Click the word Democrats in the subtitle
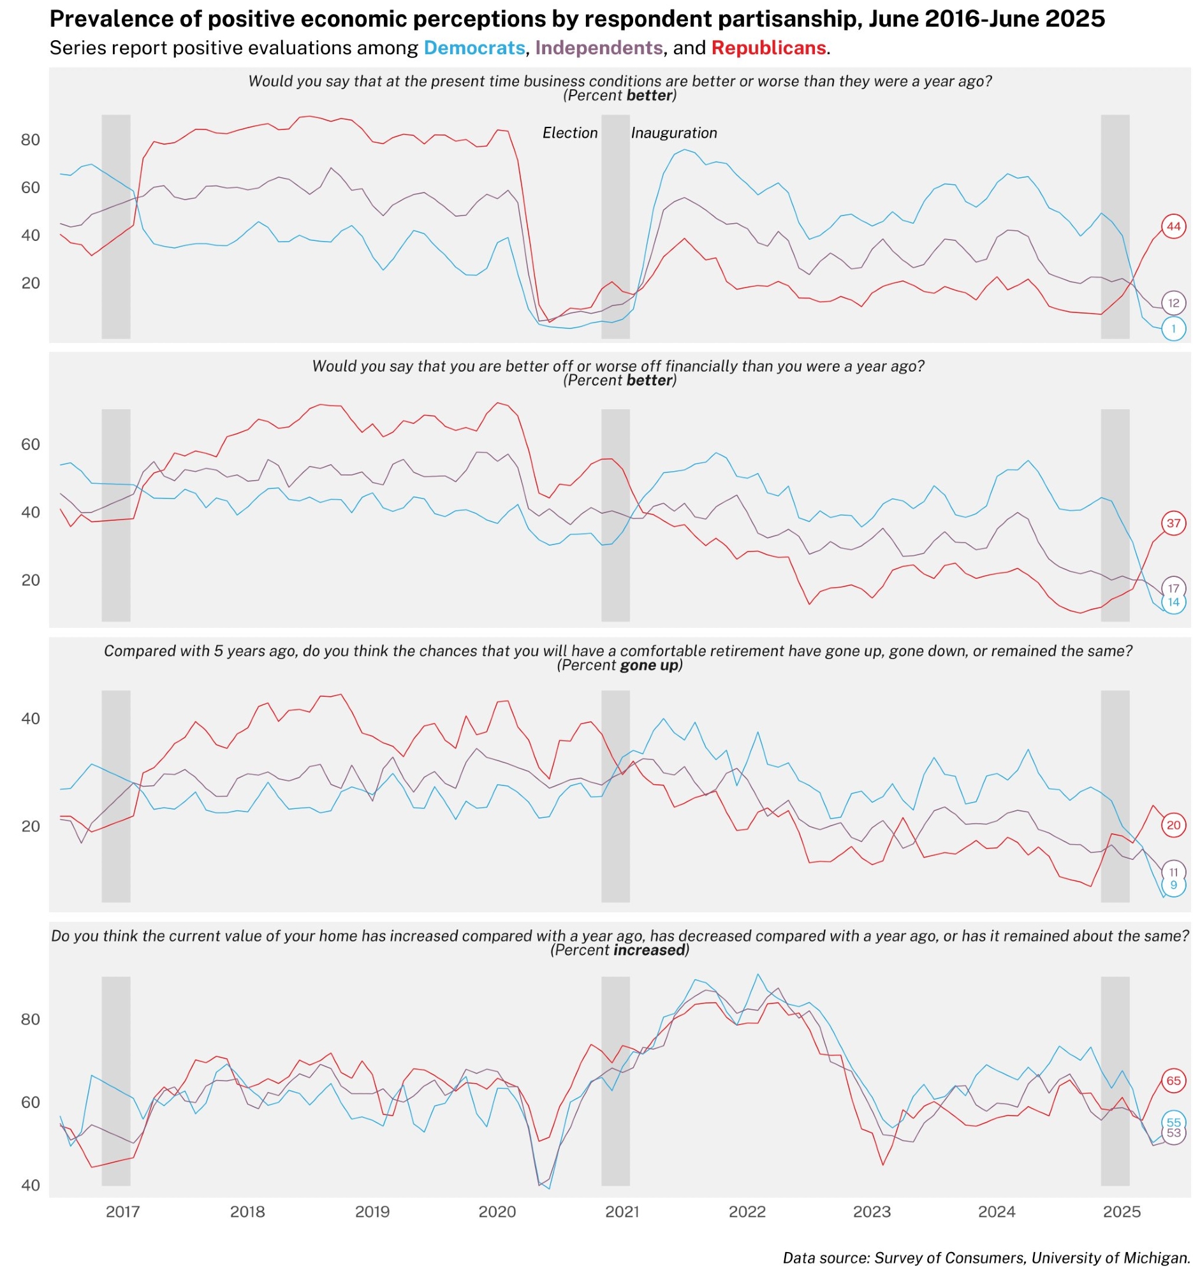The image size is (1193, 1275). [474, 48]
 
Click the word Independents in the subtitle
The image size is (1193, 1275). [599, 48]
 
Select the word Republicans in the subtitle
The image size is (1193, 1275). [768, 48]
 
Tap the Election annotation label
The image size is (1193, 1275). [569, 133]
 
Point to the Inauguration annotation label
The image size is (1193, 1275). [673, 133]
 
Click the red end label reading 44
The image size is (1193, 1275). [1173, 226]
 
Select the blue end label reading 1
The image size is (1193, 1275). [1173, 329]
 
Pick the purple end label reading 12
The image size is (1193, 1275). [1173, 303]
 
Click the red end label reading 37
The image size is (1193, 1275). [1173, 523]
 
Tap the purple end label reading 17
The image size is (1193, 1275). [1173, 588]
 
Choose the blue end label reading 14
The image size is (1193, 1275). [1173, 602]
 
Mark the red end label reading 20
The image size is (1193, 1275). [1173, 826]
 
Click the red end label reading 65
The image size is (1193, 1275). [1173, 1081]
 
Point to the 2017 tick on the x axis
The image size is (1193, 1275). [122, 1211]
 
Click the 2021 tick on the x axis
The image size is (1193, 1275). [622, 1211]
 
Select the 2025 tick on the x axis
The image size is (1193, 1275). [1121, 1211]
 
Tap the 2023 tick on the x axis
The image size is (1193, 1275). [872, 1211]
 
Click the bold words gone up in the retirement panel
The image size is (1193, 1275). [649, 665]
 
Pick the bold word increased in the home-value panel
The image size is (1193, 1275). [649, 950]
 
